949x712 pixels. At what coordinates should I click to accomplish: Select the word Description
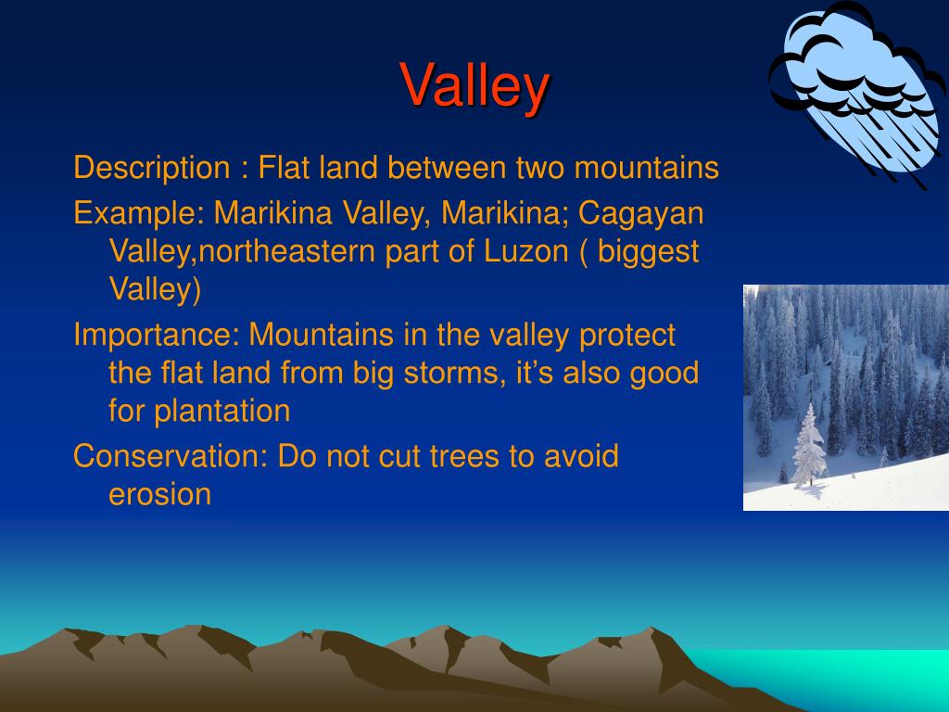(152, 169)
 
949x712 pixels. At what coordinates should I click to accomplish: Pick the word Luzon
(526, 251)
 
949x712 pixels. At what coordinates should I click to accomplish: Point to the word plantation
(222, 412)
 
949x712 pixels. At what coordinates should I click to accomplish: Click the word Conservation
(171, 456)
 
